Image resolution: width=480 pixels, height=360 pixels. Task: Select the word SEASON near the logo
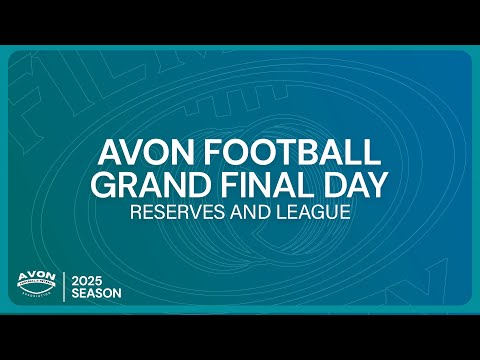96,293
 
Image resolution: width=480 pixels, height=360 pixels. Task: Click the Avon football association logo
38,285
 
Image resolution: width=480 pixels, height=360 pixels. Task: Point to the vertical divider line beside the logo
65,286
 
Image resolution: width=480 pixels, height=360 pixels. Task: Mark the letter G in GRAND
101,186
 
